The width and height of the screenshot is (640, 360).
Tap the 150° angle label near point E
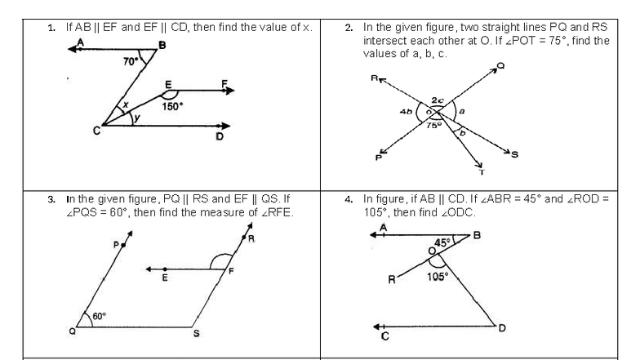click(172, 105)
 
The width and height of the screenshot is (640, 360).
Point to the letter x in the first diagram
click(125, 104)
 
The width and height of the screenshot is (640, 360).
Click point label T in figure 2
click(480, 168)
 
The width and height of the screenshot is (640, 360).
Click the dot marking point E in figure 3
click(165, 269)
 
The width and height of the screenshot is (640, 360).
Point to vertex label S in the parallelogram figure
click(195, 332)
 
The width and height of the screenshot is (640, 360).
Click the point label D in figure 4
click(501, 328)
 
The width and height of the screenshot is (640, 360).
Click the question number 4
click(348, 198)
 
